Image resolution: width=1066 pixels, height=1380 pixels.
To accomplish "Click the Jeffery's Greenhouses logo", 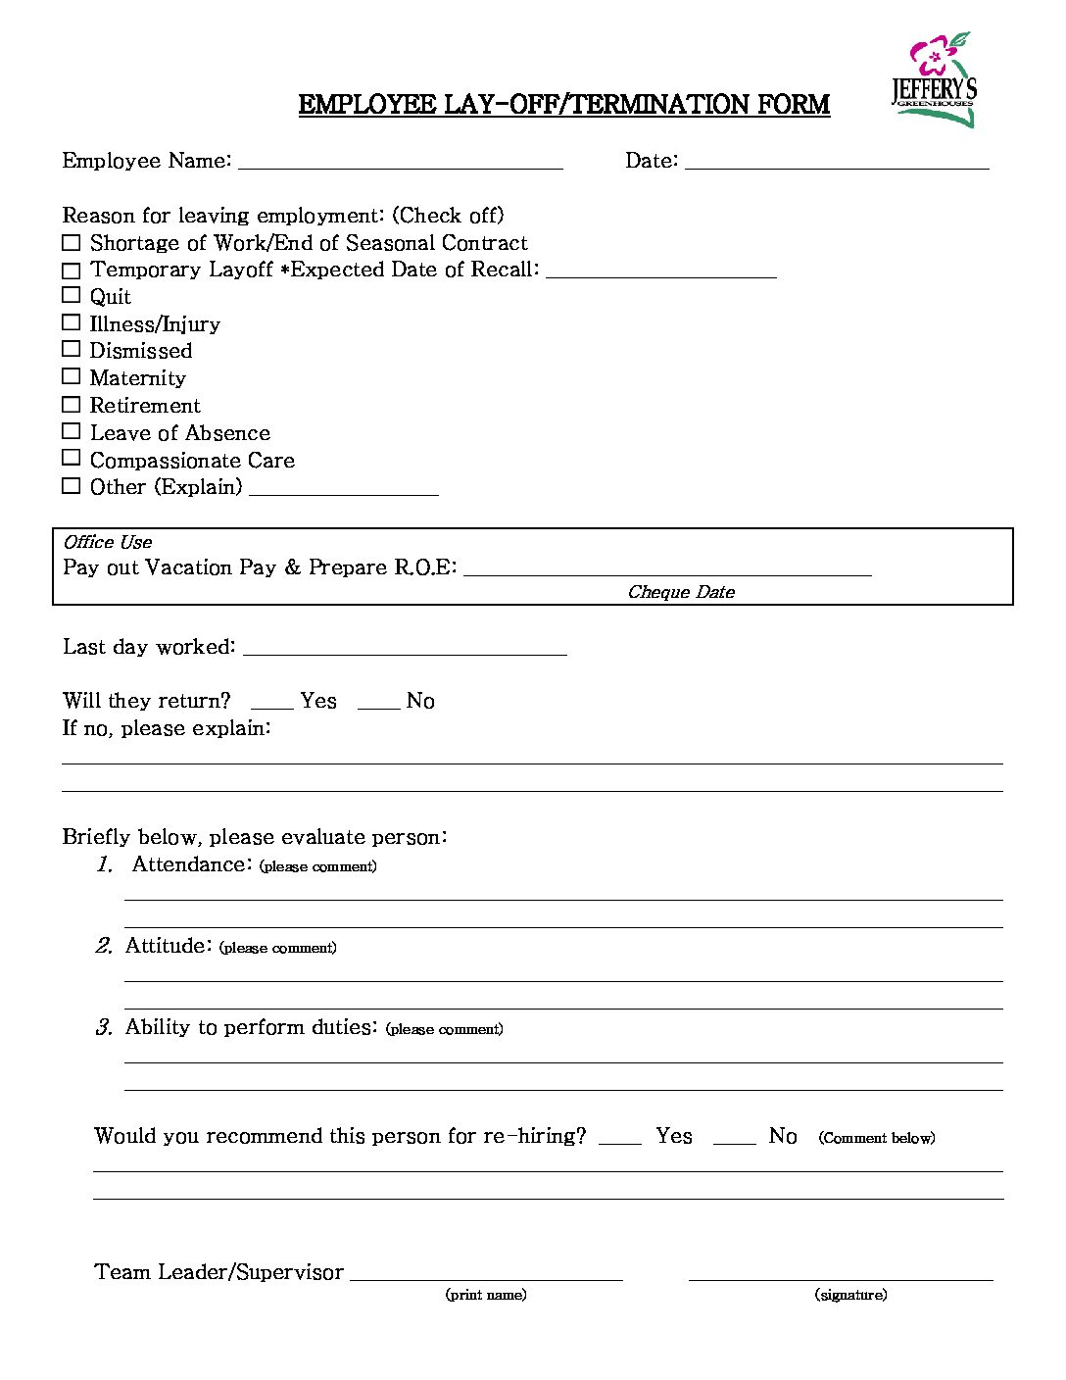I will click(x=935, y=80).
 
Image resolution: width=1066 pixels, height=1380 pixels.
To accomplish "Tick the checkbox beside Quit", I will click(x=71, y=295).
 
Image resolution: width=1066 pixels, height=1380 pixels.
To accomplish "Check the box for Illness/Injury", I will click(x=71, y=322).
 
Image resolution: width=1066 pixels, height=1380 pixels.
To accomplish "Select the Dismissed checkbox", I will click(x=71, y=349).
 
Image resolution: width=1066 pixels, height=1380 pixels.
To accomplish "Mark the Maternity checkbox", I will click(x=71, y=376).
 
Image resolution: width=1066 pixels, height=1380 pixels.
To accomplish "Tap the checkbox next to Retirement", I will click(x=71, y=404).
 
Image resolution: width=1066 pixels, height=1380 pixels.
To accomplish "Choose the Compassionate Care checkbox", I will click(x=71, y=458).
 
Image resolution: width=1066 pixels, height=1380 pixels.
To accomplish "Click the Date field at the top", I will click(x=837, y=163).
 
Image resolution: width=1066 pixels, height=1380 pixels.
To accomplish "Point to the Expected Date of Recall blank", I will click(x=661, y=271).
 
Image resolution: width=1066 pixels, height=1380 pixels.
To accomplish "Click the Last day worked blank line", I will click(x=405, y=649).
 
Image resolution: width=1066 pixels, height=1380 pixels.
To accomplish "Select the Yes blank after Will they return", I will click(x=272, y=703).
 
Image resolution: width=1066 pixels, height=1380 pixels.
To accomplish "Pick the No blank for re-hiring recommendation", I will click(x=735, y=1138).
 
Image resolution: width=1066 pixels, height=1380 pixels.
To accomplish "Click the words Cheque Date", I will click(x=681, y=592).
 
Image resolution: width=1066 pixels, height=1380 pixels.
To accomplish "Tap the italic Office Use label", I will click(x=108, y=542).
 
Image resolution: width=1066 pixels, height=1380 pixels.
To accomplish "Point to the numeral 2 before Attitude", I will click(x=104, y=946).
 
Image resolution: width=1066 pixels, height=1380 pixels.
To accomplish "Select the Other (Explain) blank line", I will click(x=344, y=489).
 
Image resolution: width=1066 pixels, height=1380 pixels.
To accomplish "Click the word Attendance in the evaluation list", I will click(x=191, y=864).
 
